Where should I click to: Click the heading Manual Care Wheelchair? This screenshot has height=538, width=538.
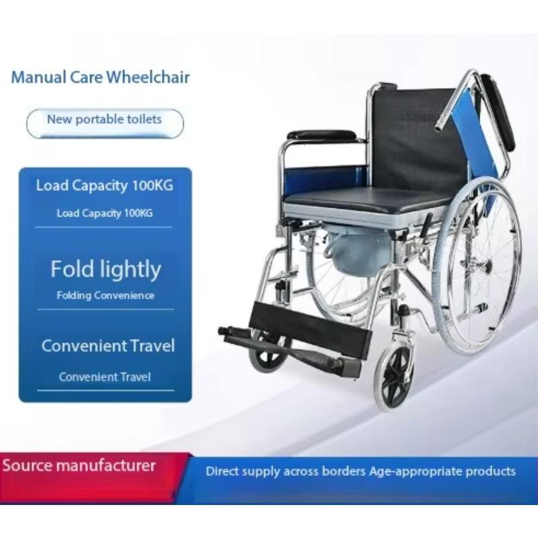pos(100,77)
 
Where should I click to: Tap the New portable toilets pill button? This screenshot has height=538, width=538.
pos(105,124)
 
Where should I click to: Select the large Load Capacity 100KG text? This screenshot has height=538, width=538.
pos(105,186)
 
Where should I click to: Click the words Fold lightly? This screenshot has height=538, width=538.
pos(106,270)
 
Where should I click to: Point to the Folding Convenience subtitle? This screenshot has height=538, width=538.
pos(106,295)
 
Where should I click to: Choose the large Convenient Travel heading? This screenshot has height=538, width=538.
pos(108,346)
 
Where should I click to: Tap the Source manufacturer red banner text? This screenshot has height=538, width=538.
pos(79,465)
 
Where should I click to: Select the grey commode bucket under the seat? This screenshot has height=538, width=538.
pos(357,249)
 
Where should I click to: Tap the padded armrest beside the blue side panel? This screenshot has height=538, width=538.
pos(321,135)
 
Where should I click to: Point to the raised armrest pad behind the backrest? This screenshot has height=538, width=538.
pos(498,112)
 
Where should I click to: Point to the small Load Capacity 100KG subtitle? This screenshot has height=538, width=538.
pos(105,213)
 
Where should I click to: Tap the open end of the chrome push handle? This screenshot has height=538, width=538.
pos(438,128)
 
